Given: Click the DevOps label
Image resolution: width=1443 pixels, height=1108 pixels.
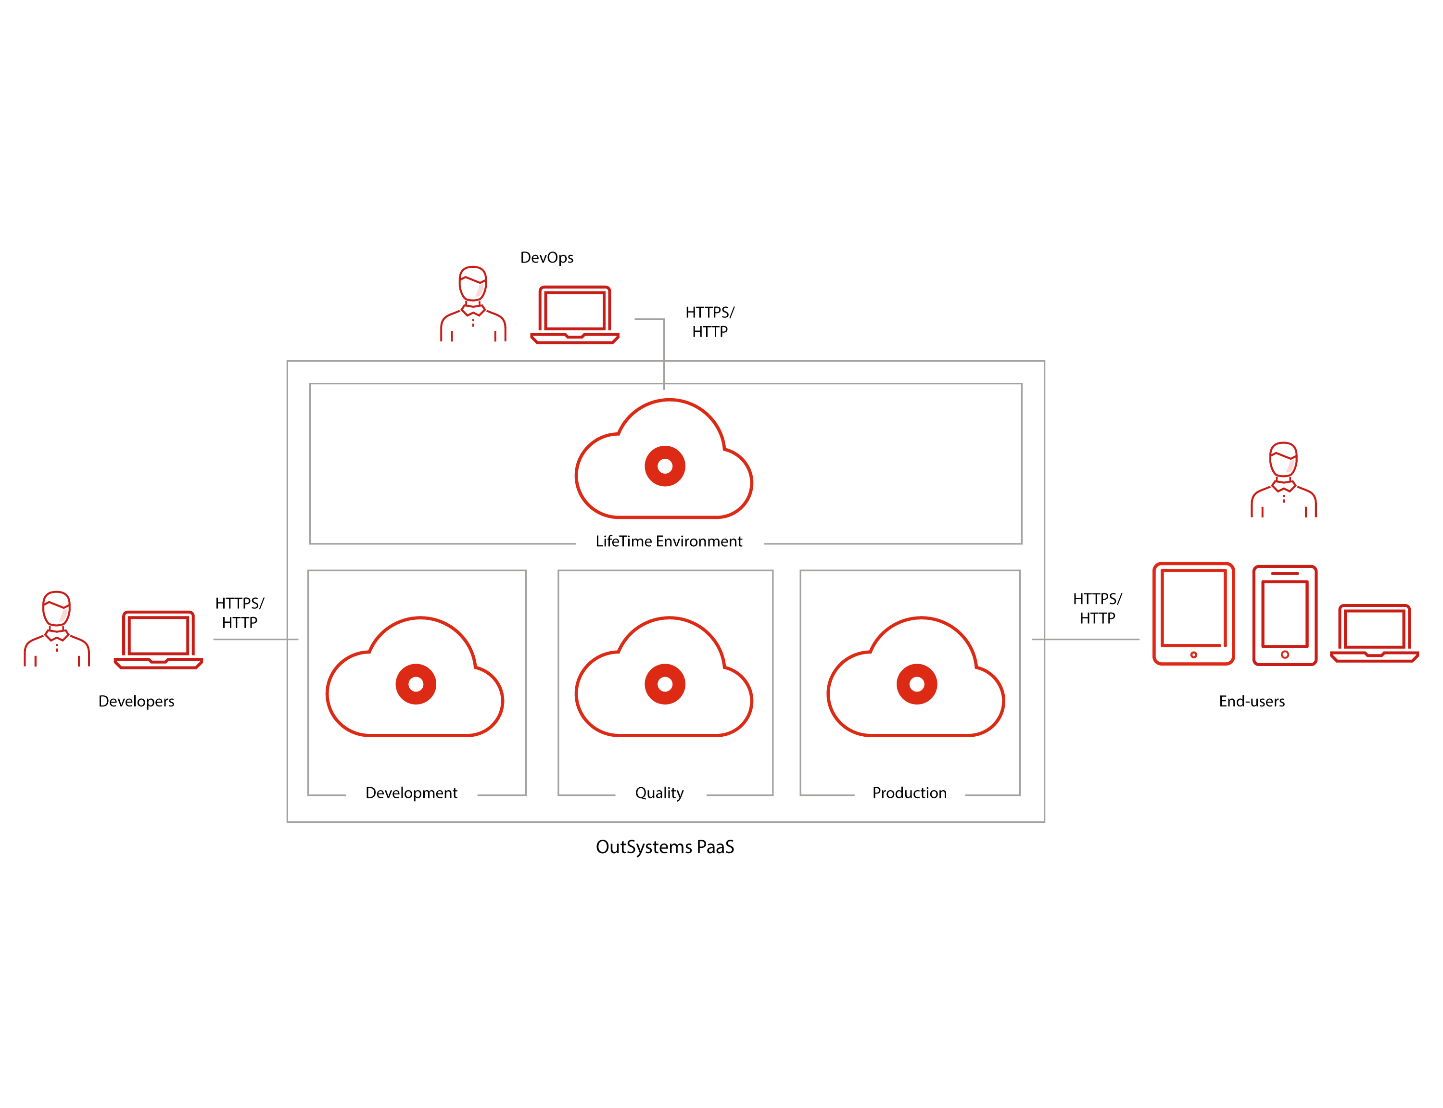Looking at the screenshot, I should (x=547, y=257).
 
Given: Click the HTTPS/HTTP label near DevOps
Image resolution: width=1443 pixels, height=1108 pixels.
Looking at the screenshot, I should (x=709, y=322).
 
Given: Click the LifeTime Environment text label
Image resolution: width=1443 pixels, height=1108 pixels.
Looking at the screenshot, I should (x=669, y=541).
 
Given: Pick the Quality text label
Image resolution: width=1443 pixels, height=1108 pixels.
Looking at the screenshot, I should (x=659, y=793).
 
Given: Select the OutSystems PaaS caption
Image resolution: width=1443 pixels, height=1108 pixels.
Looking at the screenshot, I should (x=665, y=847).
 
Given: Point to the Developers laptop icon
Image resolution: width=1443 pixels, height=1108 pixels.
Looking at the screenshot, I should (x=158, y=640).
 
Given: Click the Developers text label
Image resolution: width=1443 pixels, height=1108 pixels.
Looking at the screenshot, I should (x=137, y=701).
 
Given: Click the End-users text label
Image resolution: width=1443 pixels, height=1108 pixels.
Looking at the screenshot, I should (x=1251, y=701).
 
